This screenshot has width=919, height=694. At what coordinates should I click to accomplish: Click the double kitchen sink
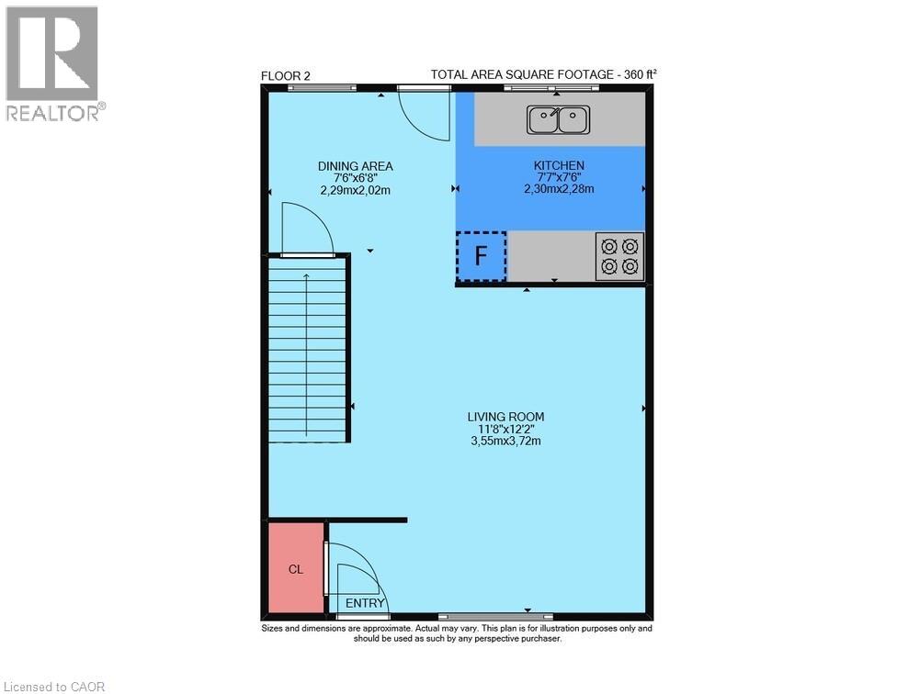pos(558,118)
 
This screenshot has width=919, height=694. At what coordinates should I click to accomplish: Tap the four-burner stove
pos(619,256)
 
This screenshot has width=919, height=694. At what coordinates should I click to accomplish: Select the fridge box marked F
pos(481,256)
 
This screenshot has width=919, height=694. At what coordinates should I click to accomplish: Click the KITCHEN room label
pos(559,165)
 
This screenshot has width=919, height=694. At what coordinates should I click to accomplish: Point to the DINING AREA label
pos(355,166)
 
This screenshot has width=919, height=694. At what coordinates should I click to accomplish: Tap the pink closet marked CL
pos(296,568)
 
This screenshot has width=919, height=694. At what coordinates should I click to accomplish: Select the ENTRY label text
pos(365,603)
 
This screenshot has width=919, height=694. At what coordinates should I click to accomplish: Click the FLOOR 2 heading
pos(285,76)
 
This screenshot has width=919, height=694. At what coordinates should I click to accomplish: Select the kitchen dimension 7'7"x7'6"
pos(559,177)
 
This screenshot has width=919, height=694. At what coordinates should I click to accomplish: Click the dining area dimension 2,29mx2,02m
pos(355,190)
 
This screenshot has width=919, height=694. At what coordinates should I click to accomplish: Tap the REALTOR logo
pos(52,64)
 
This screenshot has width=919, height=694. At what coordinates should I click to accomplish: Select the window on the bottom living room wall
pos(494,616)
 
